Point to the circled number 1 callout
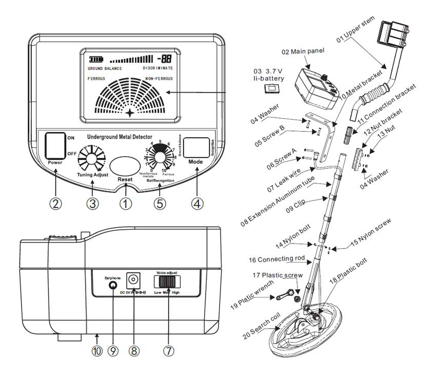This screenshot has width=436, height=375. (125, 203)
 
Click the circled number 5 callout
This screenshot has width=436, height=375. (160, 203)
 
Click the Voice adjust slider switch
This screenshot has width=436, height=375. (169, 282)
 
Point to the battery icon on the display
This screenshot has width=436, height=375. (96, 59)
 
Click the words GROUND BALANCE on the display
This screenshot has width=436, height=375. (105, 68)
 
